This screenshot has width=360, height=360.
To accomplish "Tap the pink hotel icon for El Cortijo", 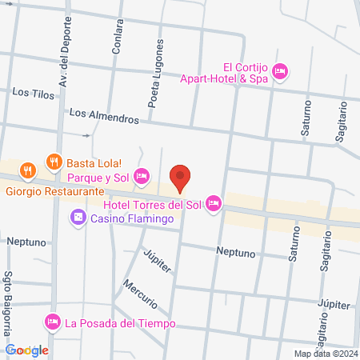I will (x=279, y=71).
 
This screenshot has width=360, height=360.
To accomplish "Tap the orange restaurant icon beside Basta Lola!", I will (x=54, y=161).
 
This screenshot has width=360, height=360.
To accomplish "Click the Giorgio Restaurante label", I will (x=55, y=191).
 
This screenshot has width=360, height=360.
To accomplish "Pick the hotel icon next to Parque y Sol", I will (x=142, y=175).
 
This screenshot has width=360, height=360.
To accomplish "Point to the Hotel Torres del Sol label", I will (x=156, y=205).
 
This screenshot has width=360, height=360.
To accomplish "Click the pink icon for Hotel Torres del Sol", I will (x=214, y=205).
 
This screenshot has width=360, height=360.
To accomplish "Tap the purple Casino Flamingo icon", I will (x=78, y=217).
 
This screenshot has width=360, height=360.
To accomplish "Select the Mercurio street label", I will (x=139, y=296).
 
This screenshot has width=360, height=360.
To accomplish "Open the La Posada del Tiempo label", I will (x=120, y=323).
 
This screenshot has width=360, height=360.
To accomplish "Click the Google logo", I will (x=27, y=350).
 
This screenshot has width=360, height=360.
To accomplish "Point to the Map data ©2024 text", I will (x=324, y=353).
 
